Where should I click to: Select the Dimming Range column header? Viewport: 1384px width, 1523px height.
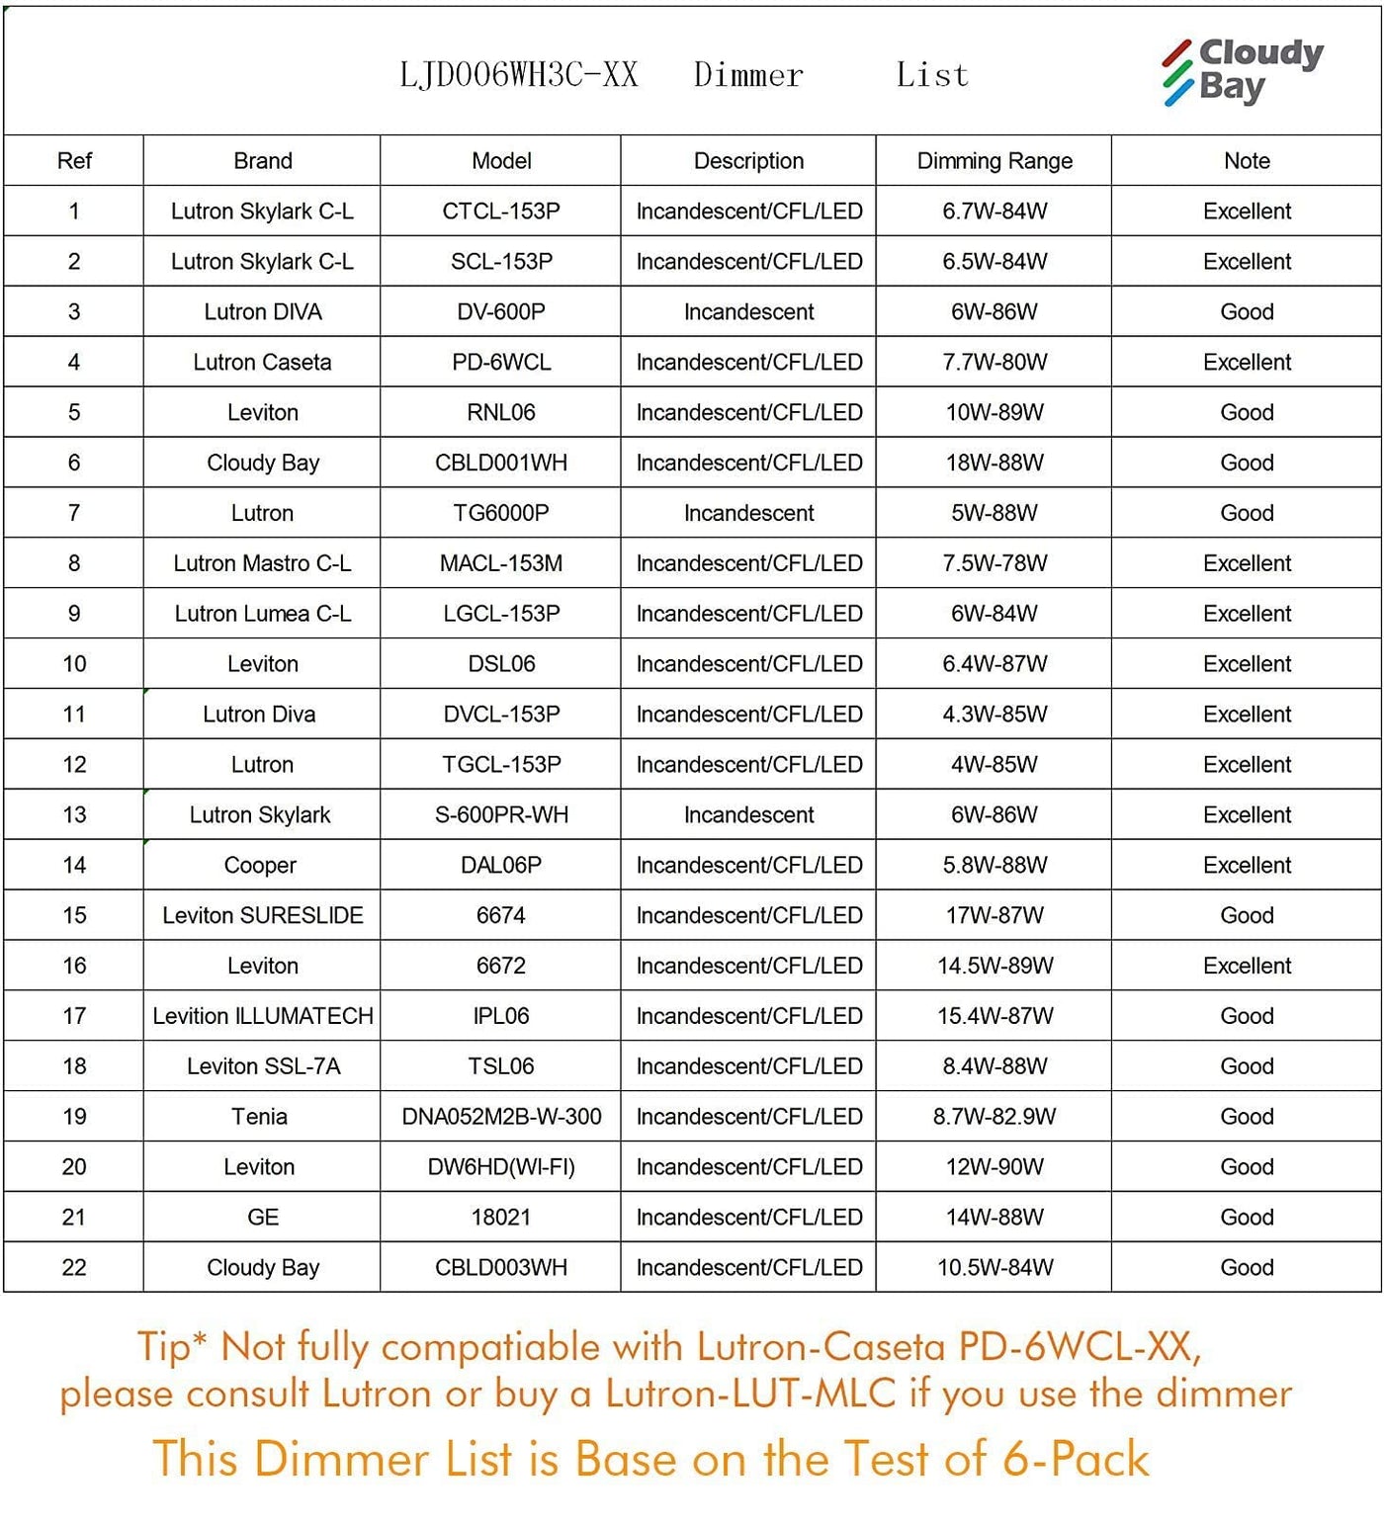click(x=995, y=161)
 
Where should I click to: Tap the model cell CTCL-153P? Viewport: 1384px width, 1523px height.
click(x=501, y=212)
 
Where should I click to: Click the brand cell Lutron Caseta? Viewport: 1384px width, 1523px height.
click(x=262, y=363)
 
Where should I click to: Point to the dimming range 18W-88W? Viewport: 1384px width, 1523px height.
click(x=995, y=464)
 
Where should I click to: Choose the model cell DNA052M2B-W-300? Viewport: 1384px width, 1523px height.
click(x=501, y=1117)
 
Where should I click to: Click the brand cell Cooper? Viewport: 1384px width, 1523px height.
click(x=260, y=866)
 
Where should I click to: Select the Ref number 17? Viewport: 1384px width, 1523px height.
click(x=74, y=1016)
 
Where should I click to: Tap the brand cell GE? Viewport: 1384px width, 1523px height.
click(x=263, y=1218)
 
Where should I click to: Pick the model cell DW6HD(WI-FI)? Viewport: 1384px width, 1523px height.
click(x=501, y=1167)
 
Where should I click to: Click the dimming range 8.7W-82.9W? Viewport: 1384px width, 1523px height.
click(x=995, y=1117)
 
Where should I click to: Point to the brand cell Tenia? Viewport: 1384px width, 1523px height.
click(x=260, y=1117)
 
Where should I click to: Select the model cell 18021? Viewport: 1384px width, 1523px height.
click(x=501, y=1218)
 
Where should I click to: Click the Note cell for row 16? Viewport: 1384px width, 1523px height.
click(x=1247, y=966)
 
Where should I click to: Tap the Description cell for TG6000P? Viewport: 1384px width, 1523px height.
click(x=748, y=514)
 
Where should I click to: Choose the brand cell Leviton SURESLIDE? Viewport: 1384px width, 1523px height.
click(x=263, y=916)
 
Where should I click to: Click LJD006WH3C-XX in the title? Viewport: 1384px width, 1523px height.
click(x=519, y=75)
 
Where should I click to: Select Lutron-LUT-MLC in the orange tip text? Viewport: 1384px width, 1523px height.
click(x=750, y=1394)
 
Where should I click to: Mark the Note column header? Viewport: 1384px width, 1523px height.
click(x=1247, y=161)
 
